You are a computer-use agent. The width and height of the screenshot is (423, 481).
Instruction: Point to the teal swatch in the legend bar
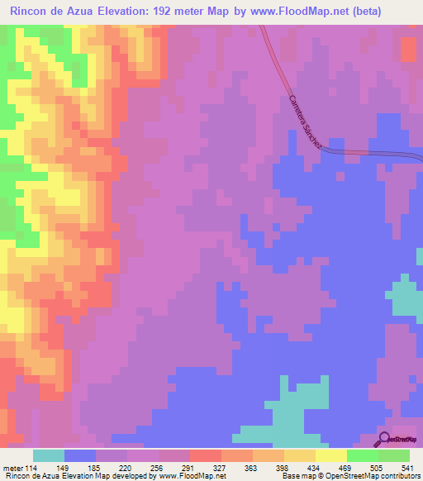(x=49, y=456)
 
